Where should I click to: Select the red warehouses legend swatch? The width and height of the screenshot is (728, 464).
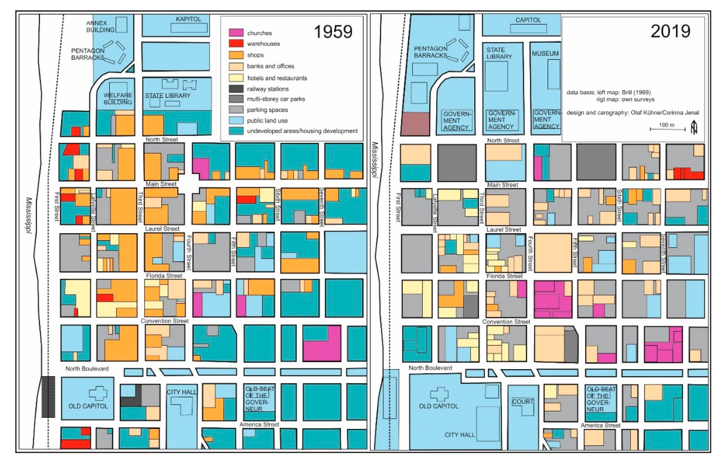click(236, 43)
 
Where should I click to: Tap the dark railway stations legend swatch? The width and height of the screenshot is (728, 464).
click(236, 89)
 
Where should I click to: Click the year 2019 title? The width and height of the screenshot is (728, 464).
click(670, 31)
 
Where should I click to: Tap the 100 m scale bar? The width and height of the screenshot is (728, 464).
click(668, 129)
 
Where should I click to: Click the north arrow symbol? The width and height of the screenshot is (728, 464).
click(694, 127)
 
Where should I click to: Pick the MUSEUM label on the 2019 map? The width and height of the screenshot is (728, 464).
click(545, 54)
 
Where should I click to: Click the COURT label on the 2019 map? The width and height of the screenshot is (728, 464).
click(523, 401)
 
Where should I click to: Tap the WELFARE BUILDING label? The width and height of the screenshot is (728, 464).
click(118, 99)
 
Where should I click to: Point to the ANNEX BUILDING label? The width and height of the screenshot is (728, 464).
click(100, 26)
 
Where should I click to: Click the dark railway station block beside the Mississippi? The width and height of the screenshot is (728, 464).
click(48, 397)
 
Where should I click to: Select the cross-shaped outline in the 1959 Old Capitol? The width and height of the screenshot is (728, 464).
click(98, 393)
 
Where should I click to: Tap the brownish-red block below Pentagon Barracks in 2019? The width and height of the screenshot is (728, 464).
click(415, 124)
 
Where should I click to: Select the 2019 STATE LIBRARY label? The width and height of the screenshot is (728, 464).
click(499, 53)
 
